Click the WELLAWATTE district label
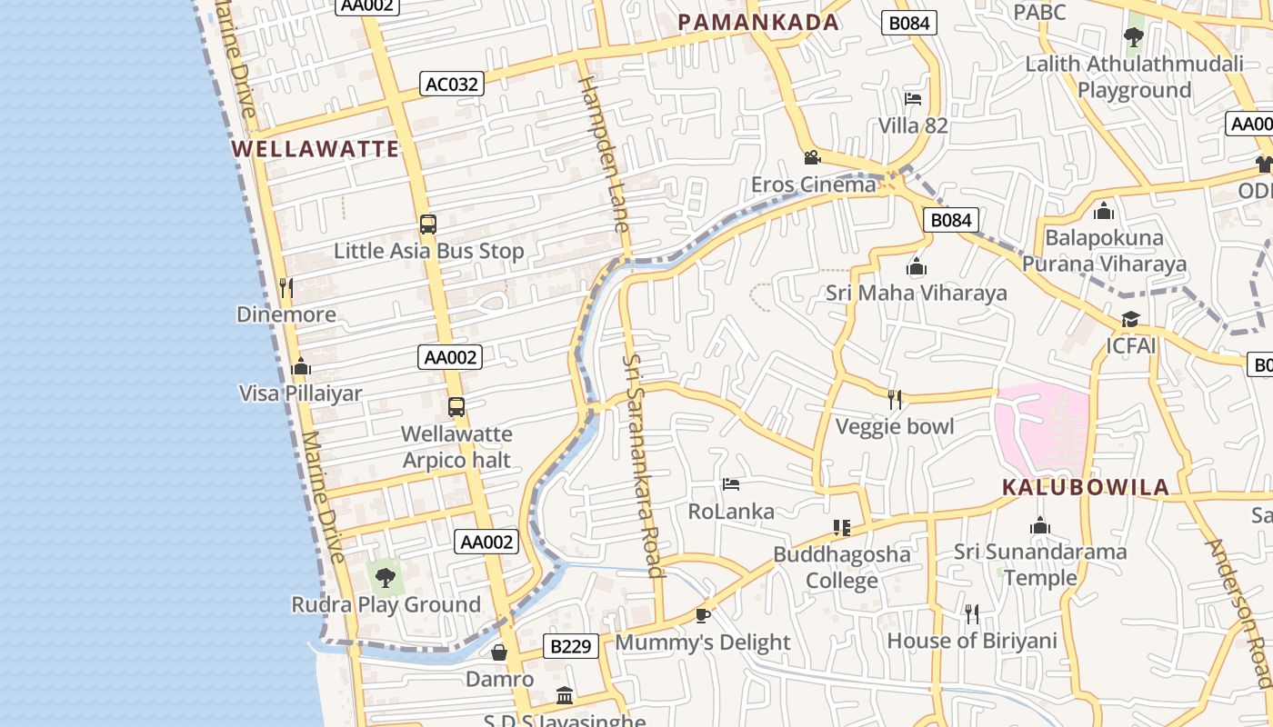[315, 149]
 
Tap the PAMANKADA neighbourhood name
[758, 23]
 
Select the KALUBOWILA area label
[1086, 487]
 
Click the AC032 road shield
[452, 84]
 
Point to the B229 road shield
[572, 647]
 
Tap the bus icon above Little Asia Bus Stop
[428, 224]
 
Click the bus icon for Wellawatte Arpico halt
[456, 407]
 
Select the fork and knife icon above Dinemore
[286, 288]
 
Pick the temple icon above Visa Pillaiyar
[300, 367]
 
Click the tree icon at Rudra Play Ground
[386, 577]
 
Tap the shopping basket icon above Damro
[499, 652]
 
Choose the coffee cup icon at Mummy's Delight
[702, 615]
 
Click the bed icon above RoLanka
[730, 484]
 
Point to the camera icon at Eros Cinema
[812, 157]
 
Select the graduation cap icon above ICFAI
[1130, 320]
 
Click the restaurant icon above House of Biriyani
[972, 614]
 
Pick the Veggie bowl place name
[895, 426]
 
